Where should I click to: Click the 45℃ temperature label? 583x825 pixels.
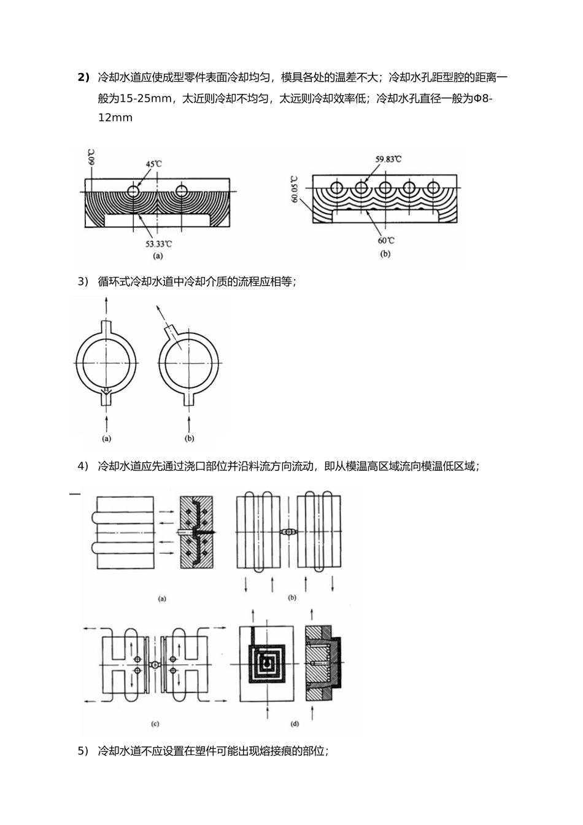click(x=153, y=164)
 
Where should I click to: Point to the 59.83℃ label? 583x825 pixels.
click(x=388, y=160)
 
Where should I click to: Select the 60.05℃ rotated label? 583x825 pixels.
click(x=295, y=191)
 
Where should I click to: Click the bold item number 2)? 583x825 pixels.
click(x=83, y=77)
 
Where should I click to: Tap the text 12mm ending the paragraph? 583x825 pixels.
click(x=115, y=117)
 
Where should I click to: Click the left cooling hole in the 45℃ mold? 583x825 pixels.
click(x=133, y=191)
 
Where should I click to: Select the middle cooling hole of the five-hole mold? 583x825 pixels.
click(x=385, y=187)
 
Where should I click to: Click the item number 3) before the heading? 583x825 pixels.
click(x=83, y=282)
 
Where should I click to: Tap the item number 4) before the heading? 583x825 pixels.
click(x=83, y=467)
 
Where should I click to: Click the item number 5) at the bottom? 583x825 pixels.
click(x=83, y=751)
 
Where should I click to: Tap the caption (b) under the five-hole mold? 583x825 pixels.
click(x=385, y=253)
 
